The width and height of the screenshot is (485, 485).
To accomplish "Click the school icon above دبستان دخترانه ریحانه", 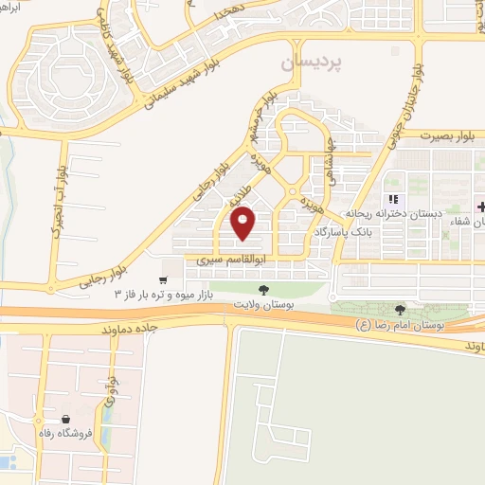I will point(389,200).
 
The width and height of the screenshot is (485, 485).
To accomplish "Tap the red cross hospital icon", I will point(481,207).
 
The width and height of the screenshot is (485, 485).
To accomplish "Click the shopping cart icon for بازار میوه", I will point(164,279).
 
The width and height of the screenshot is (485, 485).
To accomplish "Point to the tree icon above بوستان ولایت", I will point(262,289).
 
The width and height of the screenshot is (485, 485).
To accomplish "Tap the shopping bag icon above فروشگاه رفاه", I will point(66,419).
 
